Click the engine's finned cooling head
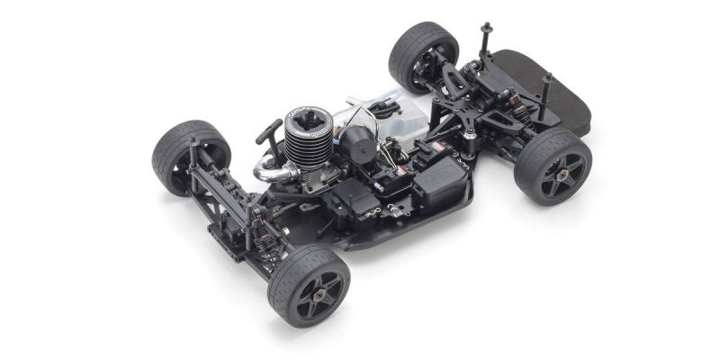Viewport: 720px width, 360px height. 309,136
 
